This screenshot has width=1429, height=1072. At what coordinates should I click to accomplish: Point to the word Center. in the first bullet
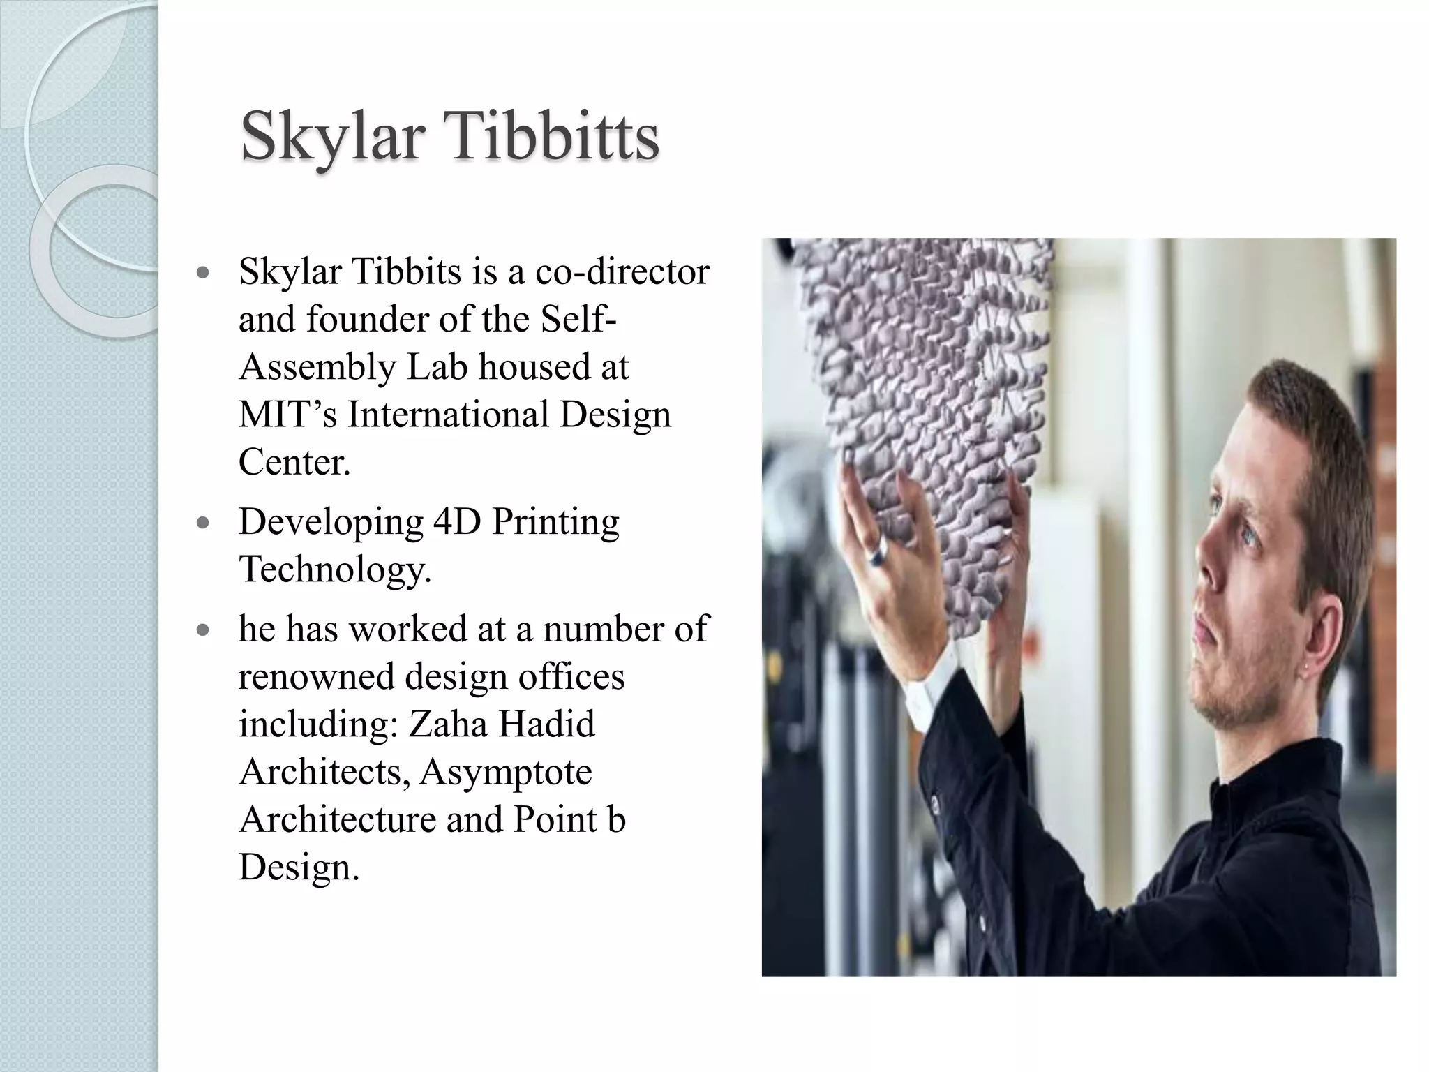(294, 461)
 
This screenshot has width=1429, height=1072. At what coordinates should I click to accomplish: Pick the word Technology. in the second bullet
(335, 569)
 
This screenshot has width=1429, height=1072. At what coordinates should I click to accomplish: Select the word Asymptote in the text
(506, 772)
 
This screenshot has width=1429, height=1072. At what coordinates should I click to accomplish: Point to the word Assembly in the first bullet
(317, 367)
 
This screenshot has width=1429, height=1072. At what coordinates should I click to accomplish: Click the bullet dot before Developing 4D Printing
(203, 523)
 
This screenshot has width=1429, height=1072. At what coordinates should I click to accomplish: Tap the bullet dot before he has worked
(203, 630)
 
